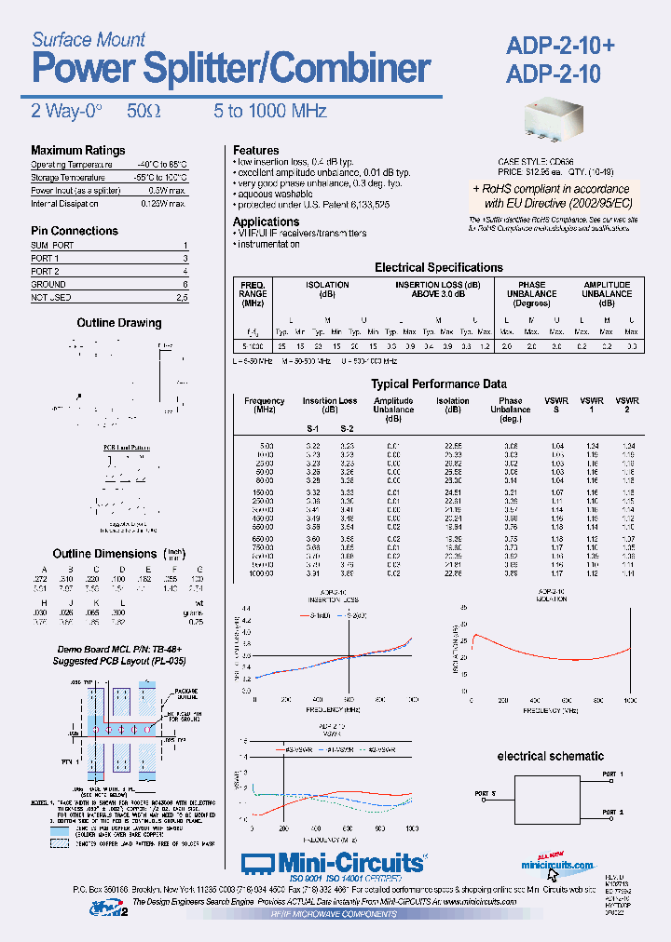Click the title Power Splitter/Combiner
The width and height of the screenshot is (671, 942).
[x=231, y=69]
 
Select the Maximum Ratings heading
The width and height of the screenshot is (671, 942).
[x=77, y=151]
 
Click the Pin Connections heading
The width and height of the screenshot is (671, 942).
[x=75, y=231]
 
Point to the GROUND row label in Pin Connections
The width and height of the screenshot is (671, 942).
[x=48, y=284]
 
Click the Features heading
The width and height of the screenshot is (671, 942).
[x=255, y=150]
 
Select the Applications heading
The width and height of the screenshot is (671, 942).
[x=266, y=222]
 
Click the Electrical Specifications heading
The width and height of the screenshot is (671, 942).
[x=438, y=267]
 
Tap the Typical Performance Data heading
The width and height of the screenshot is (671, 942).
[x=439, y=384]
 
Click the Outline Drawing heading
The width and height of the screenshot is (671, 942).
[x=118, y=323]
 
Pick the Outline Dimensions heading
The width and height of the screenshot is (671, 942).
[x=104, y=553]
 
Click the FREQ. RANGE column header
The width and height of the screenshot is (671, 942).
[x=253, y=294]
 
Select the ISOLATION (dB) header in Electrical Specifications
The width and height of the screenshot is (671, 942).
[x=328, y=289]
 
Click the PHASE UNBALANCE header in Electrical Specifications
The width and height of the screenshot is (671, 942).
[x=532, y=294]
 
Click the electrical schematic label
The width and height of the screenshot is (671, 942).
[x=550, y=757]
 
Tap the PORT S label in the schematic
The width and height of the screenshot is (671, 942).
[x=486, y=794]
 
